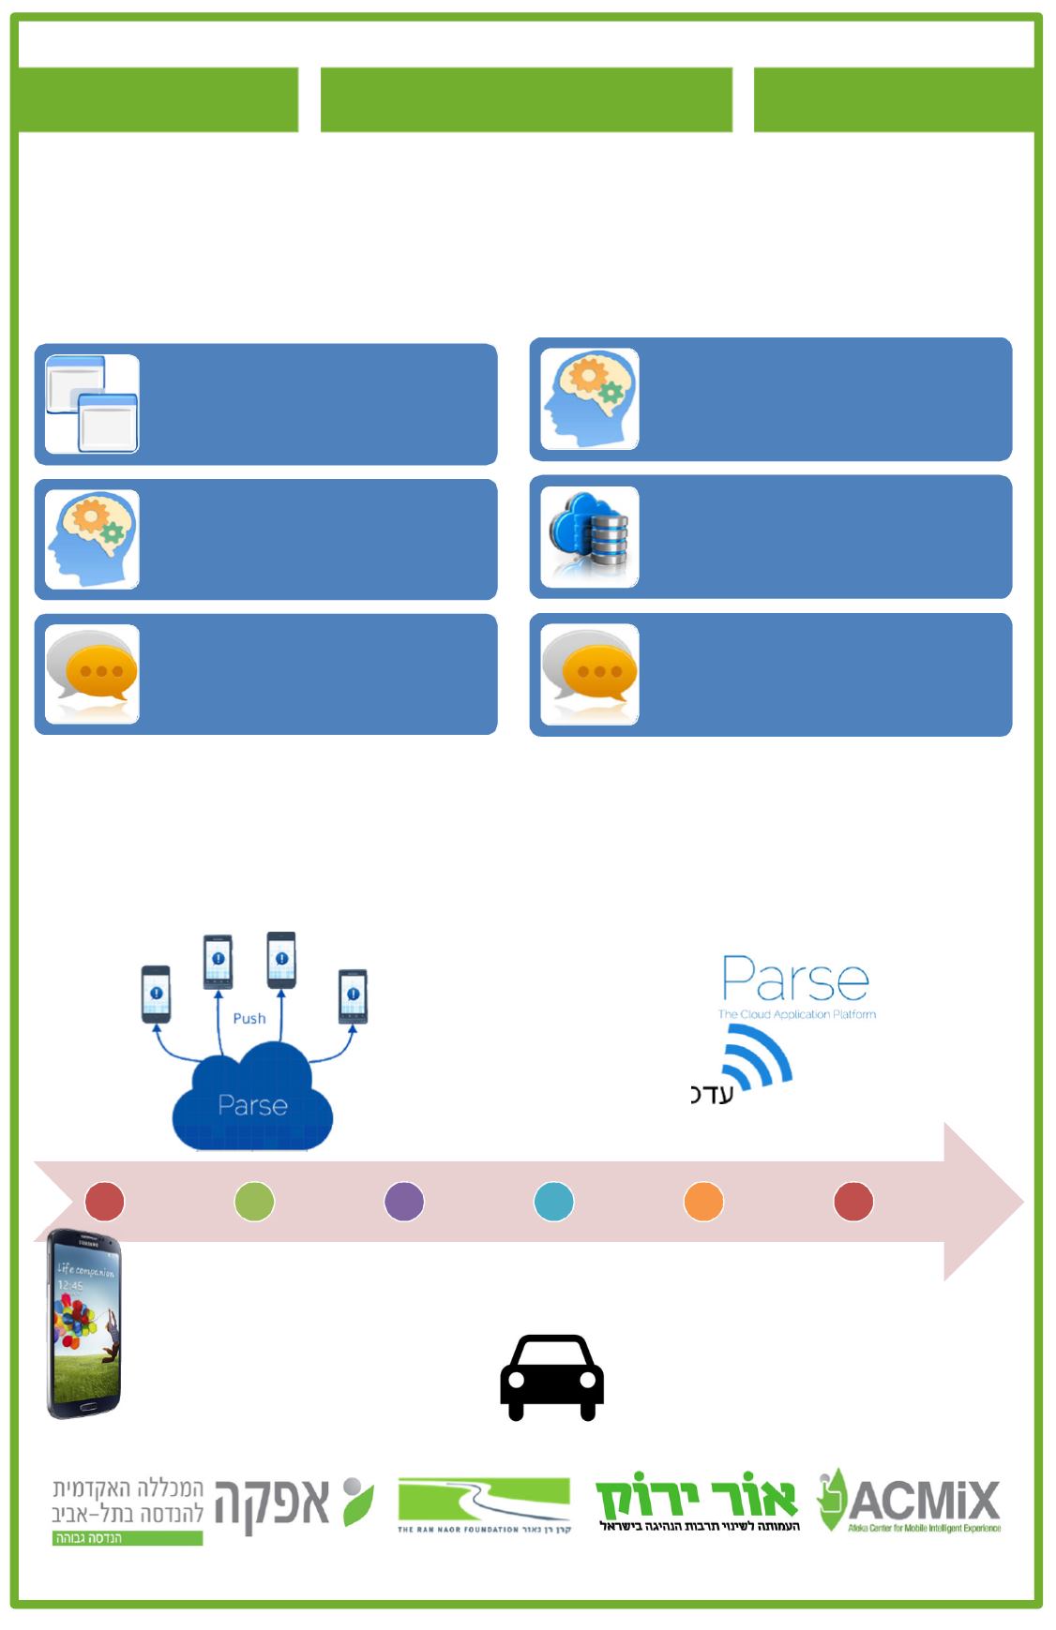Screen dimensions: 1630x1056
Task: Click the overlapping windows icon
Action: (x=92, y=404)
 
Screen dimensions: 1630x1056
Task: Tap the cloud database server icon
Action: (x=590, y=537)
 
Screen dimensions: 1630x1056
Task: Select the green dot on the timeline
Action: (x=254, y=1202)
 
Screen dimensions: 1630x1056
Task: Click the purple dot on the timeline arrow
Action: (x=404, y=1202)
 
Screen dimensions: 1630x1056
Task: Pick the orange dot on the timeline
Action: (x=703, y=1202)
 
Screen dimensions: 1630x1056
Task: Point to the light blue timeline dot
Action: (x=553, y=1202)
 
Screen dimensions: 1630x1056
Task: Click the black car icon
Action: (x=551, y=1377)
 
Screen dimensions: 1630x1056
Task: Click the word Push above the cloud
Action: (x=249, y=1019)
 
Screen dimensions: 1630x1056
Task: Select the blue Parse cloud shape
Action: (x=252, y=1101)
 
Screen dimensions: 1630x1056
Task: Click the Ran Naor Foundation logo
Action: (x=484, y=1505)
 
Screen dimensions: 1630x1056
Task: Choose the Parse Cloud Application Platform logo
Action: (x=796, y=987)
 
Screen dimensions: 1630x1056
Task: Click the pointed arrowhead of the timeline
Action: (x=985, y=1202)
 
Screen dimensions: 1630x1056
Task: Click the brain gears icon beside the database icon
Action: (x=590, y=399)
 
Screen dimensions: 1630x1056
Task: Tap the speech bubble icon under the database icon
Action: (x=590, y=675)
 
